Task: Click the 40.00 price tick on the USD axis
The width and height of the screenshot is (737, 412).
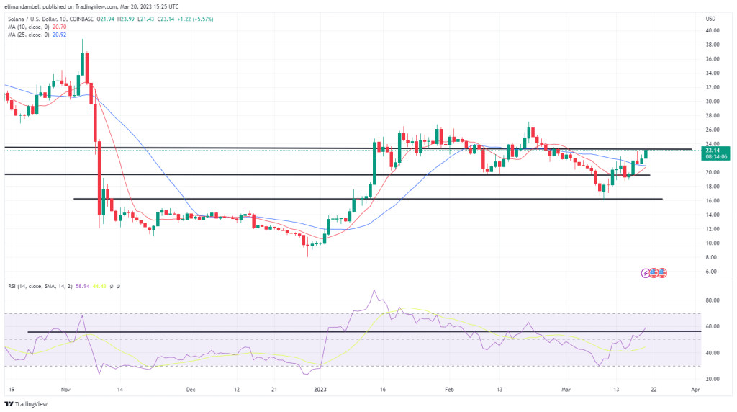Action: click(x=712, y=30)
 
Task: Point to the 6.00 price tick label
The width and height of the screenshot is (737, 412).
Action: click(x=712, y=272)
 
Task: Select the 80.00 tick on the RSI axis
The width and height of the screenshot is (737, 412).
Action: click(x=713, y=300)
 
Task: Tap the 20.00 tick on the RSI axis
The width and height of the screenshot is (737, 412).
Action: click(x=713, y=379)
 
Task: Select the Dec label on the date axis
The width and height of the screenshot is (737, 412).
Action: click(x=191, y=390)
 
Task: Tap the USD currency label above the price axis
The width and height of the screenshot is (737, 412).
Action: click(x=710, y=18)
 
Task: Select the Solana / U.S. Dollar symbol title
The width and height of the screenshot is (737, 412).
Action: click(x=36, y=17)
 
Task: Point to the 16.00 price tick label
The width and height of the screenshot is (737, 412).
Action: click(x=712, y=200)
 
